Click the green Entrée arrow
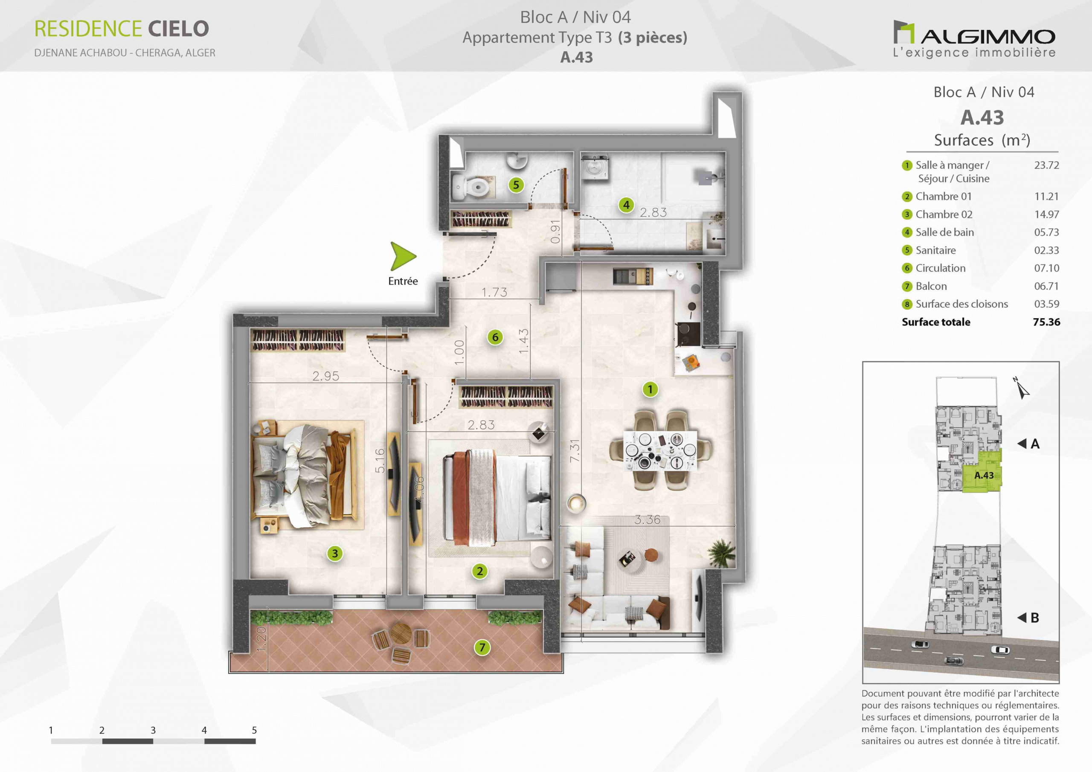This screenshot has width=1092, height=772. click(x=402, y=256)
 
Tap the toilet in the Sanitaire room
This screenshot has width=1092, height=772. click(x=472, y=186)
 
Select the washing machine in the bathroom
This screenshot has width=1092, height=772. click(x=595, y=168)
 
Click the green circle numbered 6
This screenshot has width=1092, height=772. click(x=495, y=337)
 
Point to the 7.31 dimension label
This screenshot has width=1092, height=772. click(x=575, y=450)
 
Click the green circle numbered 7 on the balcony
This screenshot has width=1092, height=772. click(x=482, y=647)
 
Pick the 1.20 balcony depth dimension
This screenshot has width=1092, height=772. click(x=261, y=639)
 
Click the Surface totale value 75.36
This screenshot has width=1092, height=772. click(x=1046, y=322)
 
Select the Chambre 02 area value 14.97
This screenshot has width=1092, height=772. click(x=1047, y=215)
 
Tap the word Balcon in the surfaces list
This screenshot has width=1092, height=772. click(x=931, y=286)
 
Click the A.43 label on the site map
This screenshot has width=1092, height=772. click(x=984, y=475)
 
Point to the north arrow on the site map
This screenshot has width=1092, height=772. click(x=1021, y=388)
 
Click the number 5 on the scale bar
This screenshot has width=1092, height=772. click(x=255, y=730)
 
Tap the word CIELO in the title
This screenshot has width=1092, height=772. click(x=178, y=29)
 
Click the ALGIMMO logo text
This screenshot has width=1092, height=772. click(x=988, y=37)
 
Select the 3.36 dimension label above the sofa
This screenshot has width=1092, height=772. click(x=647, y=520)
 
